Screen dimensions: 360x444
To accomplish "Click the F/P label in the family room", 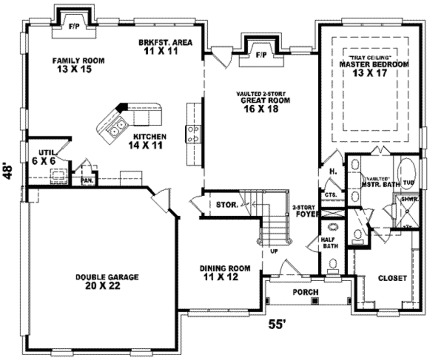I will (x=72, y=26).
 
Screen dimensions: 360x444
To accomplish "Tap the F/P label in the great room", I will (x=261, y=55).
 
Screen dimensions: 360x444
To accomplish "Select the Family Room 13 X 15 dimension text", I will (x=74, y=69).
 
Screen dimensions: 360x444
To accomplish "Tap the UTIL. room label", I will (x=46, y=152).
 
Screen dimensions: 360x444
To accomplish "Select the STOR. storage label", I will (x=227, y=204).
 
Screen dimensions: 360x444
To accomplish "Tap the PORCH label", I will (x=306, y=292).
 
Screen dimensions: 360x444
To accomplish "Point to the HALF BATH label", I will (x=330, y=243).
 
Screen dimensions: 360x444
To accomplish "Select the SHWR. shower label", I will (x=408, y=199).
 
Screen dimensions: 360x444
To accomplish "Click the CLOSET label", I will (x=392, y=278).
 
